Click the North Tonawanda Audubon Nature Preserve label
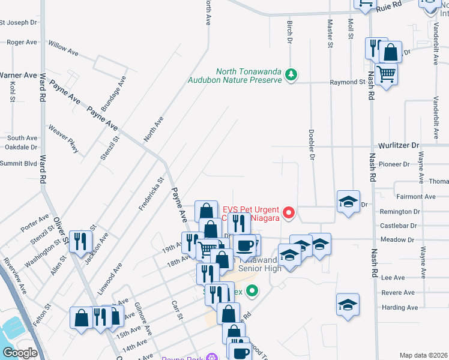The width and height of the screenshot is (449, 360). coord(235,75)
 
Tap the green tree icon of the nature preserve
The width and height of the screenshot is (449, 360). coord(291,74)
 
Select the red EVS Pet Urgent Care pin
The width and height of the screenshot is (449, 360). coord(289,212)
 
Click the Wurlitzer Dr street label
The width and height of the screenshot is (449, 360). coord(399,146)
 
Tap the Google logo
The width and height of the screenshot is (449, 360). coord(19,353)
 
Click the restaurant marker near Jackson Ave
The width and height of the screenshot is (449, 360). coord(79,242)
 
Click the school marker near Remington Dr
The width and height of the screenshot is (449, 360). coord(348,202)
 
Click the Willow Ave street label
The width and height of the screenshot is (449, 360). coord(63,49)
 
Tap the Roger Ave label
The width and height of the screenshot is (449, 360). coord(22,43)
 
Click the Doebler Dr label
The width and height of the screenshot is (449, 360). coord(312,144)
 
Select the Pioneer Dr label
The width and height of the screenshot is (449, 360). coord(394,164)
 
